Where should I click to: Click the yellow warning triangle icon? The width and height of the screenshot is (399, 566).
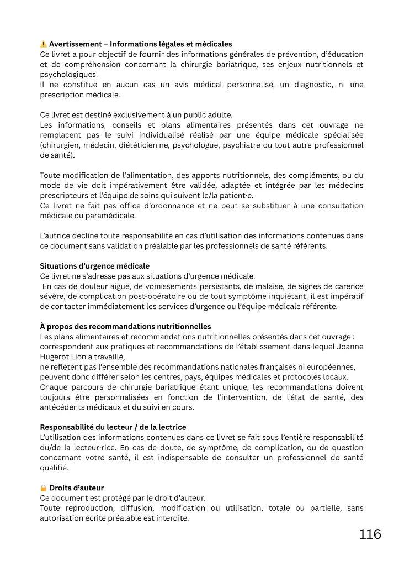(x=44, y=44)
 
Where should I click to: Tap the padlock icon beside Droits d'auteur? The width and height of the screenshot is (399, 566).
(x=44, y=488)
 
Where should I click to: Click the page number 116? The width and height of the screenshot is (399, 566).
(x=370, y=534)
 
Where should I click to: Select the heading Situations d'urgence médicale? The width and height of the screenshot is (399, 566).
(x=94, y=266)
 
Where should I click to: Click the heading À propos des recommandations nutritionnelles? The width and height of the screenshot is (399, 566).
(x=125, y=326)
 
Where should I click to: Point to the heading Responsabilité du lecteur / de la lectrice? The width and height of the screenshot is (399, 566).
(x=113, y=427)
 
